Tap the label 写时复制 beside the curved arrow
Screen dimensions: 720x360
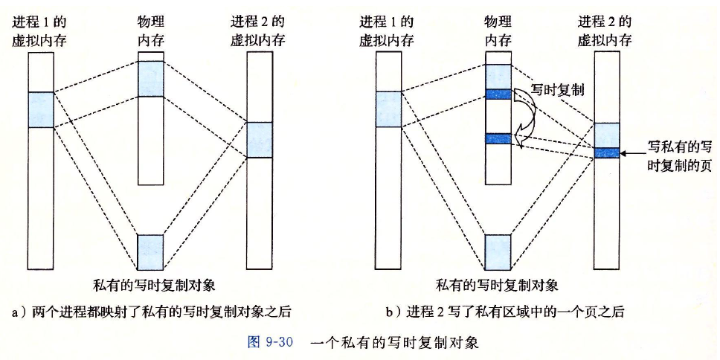(557, 91)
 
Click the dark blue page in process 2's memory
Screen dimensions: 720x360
(606, 153)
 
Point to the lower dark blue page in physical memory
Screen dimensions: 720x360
(498, 138)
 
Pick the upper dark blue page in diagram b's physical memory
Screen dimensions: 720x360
(498, 94)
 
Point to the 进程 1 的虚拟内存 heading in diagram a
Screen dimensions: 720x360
(40, 31)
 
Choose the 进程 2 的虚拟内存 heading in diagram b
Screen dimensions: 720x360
(605, 31)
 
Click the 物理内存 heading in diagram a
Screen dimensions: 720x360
(150, 31)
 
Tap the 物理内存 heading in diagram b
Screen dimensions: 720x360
(498, 31)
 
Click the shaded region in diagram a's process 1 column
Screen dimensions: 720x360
(40, 109)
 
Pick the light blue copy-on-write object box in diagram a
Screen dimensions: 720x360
(150, 251)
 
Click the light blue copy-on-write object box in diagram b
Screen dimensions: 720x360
(498, 251)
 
